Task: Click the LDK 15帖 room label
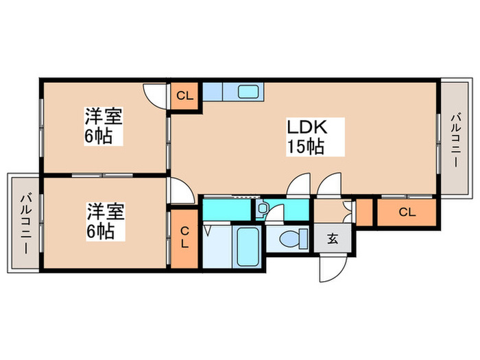[x=305, y=136]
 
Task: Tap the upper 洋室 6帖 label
[x=104, y=125]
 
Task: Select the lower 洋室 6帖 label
[x=104, y=220]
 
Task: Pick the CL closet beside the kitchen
[x=184, y=95]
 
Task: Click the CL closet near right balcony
[x=407, y=212]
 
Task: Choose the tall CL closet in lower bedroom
[x=184, y=239]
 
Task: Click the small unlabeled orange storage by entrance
[x=365, y=212]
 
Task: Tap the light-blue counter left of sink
[x=213, y=91]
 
